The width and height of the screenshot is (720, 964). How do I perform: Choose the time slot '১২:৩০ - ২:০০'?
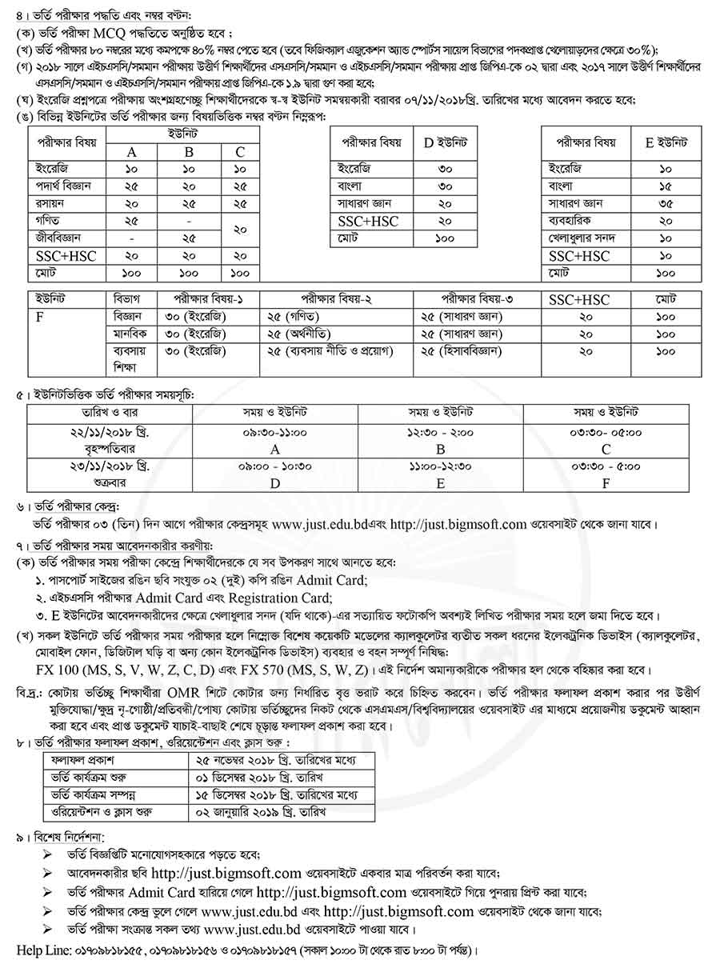click(440, 433)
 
